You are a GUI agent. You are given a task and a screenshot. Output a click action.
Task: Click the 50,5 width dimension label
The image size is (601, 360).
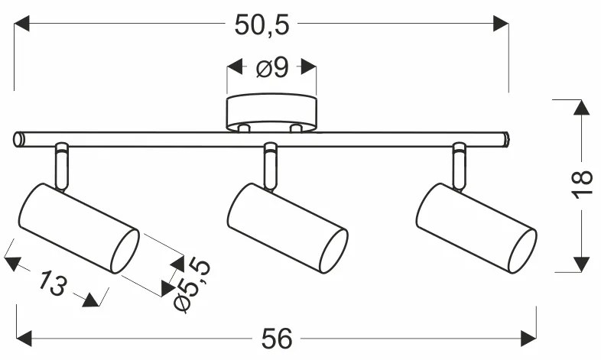pyautogui.click(x=262, y=24)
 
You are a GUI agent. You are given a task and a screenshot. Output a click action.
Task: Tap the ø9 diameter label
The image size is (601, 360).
pyautogui.click(x=271, y=69)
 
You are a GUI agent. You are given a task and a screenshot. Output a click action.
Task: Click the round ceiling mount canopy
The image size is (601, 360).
pyautogui.click(x=271, y=112)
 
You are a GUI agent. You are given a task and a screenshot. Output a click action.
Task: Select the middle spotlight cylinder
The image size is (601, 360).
pyautogui.click(x=287, y=228)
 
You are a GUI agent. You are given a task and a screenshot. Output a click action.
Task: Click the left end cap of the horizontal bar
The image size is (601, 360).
pyautogui.click(x=19, y=139)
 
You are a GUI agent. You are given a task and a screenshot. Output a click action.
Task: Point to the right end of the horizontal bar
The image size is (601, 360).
pyautogui.click(x=505, y=138)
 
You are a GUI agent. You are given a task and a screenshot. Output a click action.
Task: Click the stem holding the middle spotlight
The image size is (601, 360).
pyautogui.click(x=270, y=166)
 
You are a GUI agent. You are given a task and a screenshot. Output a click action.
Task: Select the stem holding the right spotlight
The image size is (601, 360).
pyautogui.click(x=459, y=166)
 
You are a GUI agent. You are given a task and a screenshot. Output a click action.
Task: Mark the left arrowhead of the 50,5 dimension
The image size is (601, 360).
pyautogui.click(x=22, y=24)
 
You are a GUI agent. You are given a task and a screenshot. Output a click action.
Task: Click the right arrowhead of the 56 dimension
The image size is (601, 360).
pyautogui.click(x=528, y=336)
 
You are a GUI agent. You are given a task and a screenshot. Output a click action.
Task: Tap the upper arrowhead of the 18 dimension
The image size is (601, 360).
pyautogui.click(x=581, y=108)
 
